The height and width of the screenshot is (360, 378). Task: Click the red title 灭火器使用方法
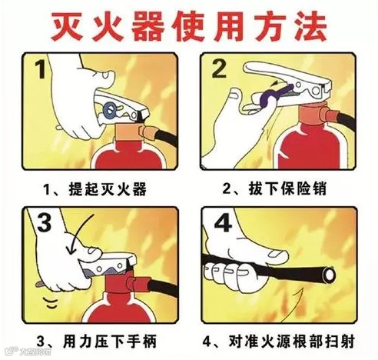(189, 27)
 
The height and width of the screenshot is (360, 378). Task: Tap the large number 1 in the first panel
(41, 68)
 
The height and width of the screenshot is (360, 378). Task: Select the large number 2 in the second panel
(219, 68)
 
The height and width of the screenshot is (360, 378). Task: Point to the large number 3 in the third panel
(45, 222)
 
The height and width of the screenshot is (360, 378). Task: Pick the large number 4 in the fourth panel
(223, 222)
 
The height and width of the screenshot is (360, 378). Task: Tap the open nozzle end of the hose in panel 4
(329, 275)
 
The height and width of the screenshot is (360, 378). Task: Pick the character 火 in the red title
(107, 27)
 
